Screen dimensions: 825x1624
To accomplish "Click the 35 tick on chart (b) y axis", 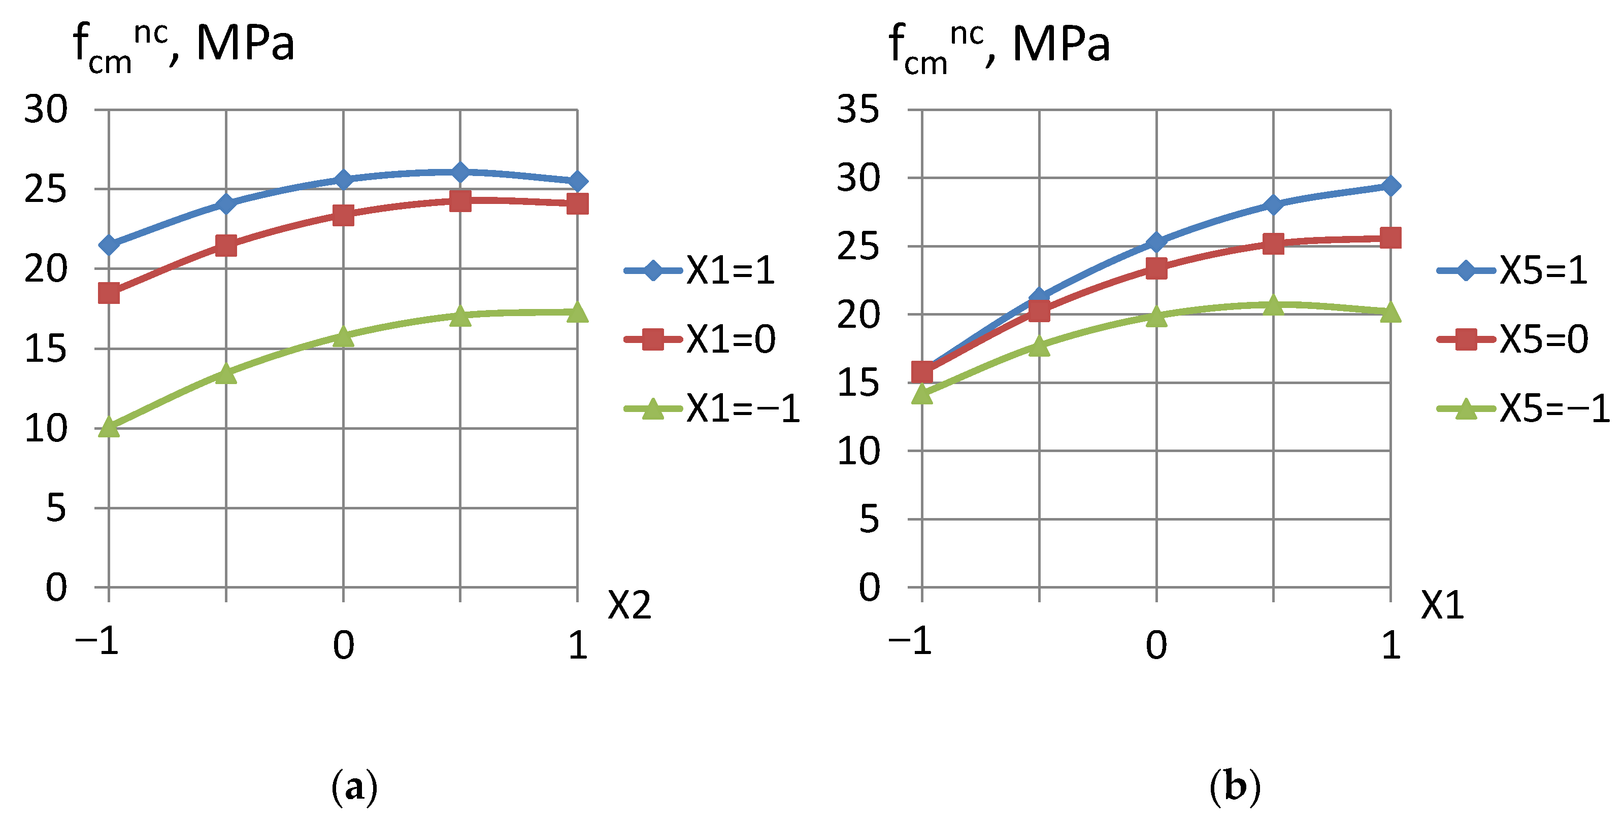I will click(858, 110).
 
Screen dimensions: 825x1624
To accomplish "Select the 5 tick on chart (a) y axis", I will click(56, 508).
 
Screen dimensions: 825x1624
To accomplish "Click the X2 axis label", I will click(628, 606).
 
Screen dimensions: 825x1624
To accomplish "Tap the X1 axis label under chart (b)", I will click(1442, 606).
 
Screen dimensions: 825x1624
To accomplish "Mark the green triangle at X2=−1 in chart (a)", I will click(109, 427).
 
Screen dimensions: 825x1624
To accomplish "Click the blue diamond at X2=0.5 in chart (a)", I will click(460, 172).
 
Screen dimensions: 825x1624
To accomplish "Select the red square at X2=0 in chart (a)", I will click(343, 215).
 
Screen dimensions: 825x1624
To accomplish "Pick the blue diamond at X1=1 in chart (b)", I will click(1390, 186).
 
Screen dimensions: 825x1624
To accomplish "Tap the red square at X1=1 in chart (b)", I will click(1390, 238).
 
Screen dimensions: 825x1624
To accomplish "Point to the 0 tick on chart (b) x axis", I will click(1156, 645).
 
